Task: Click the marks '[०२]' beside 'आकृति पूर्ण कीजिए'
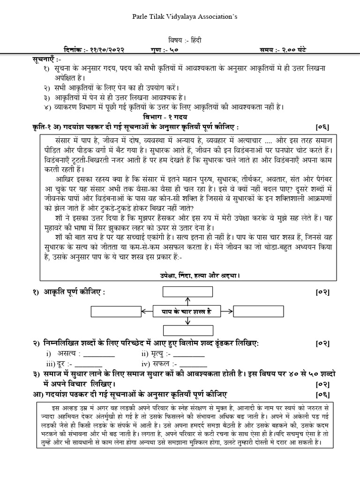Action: click(x=323, y=292)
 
